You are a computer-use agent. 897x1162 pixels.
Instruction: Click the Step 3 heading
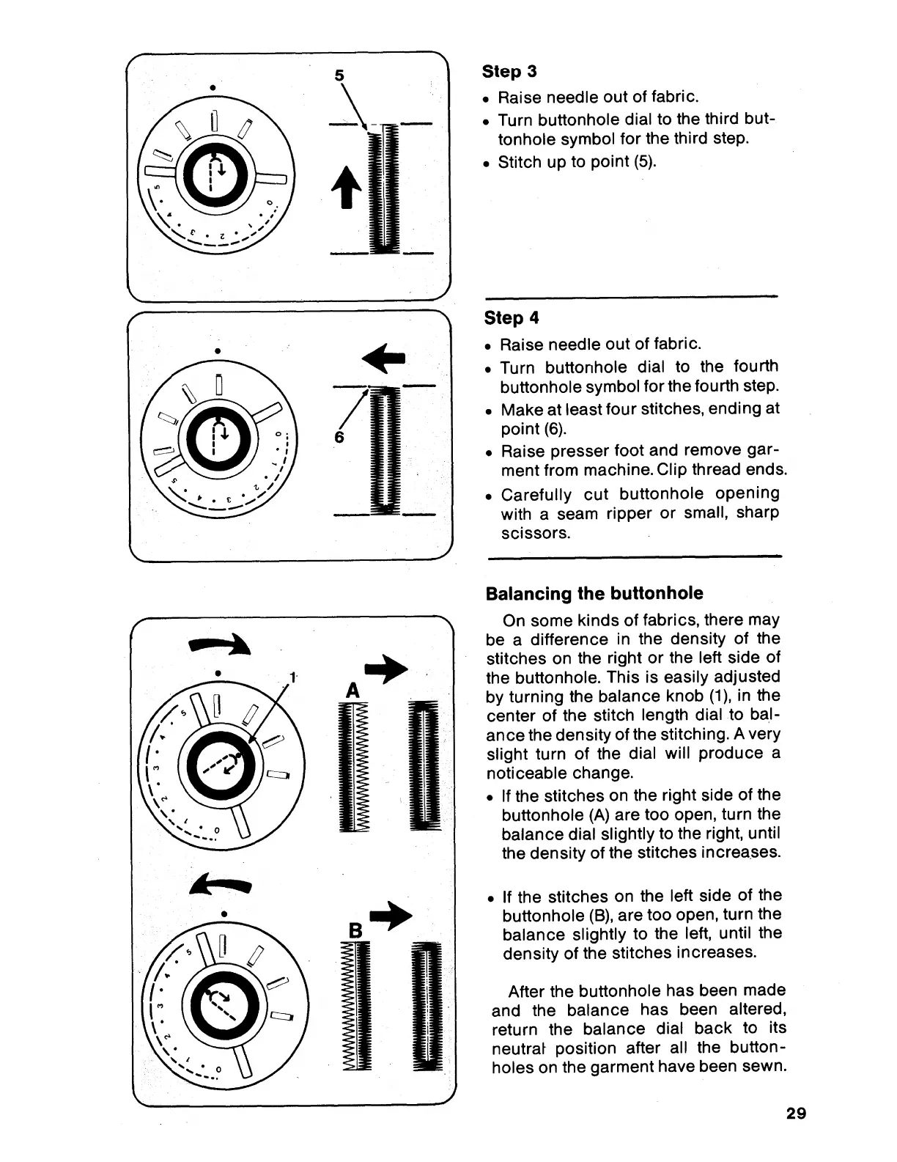(509, 72)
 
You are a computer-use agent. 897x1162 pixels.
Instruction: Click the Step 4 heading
(512, 318)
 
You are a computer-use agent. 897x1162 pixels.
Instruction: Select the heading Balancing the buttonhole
(594, 594)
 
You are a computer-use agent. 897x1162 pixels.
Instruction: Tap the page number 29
(796, 1114)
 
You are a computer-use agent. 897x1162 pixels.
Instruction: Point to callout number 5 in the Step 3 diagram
(339, 76)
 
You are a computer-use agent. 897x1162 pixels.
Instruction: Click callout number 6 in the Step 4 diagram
(339, 437)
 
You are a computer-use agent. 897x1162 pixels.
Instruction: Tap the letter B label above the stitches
(356, 931)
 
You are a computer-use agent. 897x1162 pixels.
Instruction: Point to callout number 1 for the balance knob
(292, 677)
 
